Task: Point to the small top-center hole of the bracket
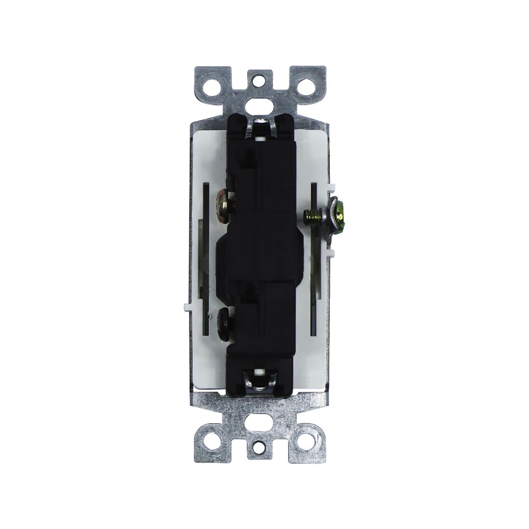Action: click(x=260, y=78)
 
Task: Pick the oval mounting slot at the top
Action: click(x=260, y=104)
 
